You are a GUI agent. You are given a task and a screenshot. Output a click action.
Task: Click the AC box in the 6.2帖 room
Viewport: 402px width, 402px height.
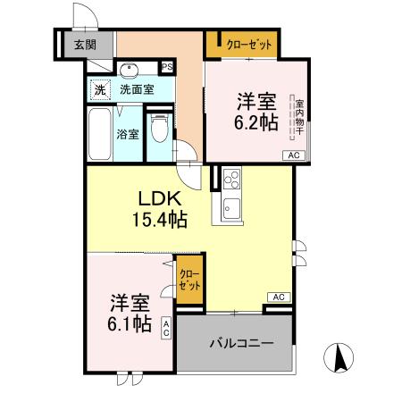click(x=292, y=155)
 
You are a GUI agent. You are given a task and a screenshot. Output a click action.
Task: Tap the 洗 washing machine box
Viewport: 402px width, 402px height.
click(x=100, y=88)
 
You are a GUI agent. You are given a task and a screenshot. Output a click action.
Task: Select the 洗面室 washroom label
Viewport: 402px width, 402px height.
click(x=137, y=88)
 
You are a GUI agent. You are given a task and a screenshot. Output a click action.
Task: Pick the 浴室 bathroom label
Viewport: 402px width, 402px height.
click(x=129, y=135)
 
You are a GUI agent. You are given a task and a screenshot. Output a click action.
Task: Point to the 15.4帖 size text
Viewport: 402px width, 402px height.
click(x=162, y=217)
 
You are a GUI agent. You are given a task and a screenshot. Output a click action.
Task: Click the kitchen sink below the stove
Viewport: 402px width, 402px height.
click(x=230, y=213)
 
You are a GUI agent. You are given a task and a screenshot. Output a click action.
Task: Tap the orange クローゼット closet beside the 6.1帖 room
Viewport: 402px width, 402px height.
click(x=188, y=280)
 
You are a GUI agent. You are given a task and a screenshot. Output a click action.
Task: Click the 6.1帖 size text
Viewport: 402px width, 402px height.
click(x=130, y=323)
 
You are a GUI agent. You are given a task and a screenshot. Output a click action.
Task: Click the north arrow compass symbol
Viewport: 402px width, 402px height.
click(x=339, y=359)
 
